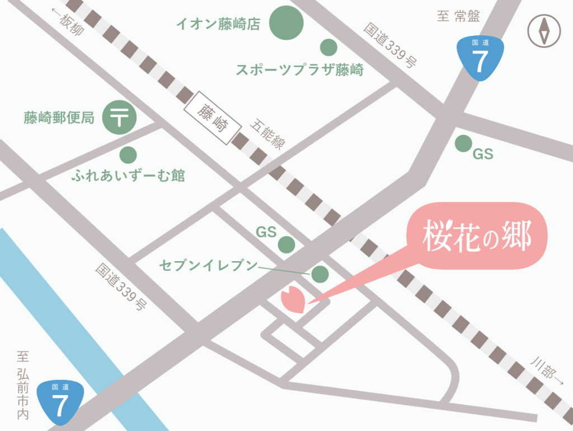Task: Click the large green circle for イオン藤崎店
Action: point(286,23)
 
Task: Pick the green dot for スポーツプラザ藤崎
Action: point(328,47)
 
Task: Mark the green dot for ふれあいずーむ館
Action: point(128,154)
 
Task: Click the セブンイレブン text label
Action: point(208,265)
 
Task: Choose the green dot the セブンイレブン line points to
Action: point(320,274)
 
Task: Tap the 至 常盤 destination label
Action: point(458,16)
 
